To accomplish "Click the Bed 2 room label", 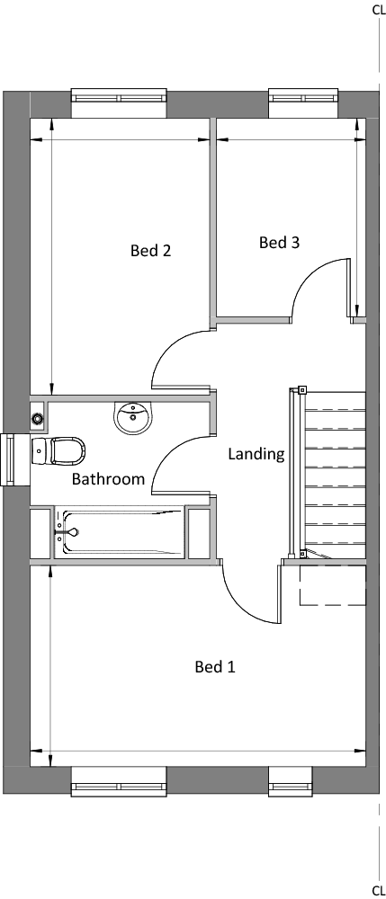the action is [x=151, y=251].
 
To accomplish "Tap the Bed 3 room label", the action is [x=279, y=243].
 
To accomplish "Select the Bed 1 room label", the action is [x=215, y=667].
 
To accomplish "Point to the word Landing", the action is [x=256, y=455].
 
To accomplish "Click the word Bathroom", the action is [x=108, y=479].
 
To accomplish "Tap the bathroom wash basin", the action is [x=134, y=417].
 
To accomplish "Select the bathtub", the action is [x=119, y=532].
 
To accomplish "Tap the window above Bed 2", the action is [x=120, y=96].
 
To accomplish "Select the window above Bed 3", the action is [x=303, y=96].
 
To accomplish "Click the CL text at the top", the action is [x=379, y=10].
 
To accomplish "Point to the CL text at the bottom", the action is [x=379, y=890].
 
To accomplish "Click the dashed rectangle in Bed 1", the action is [x=333, y=585].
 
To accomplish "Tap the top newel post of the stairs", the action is [x=301, y=391].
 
